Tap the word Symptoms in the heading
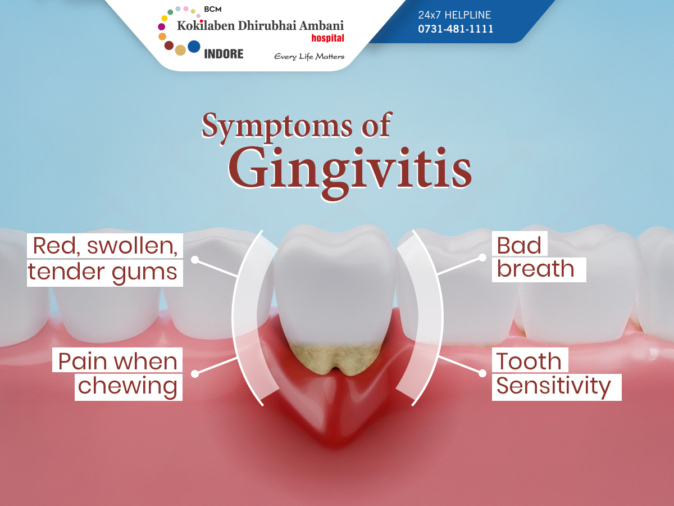coord(277,126)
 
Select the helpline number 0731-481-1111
coord(456,29)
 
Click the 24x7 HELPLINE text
coord(454,15)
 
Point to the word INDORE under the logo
coord(224,54)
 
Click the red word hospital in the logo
coord(327,38)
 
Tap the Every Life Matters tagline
coord(309,57)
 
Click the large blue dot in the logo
coord(194,47)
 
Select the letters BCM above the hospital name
coord(212,9)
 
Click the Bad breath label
coord(535,257)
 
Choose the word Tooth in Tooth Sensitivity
coord(529,362)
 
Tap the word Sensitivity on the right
coord(554,386)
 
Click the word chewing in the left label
coord(127,386)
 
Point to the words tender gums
coord(103,272)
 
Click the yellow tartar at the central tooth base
coord(336,359)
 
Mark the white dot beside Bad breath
coord(482,257)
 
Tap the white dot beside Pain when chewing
coord(195,373)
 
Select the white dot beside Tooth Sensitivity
coord(482,373)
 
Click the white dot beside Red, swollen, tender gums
coord(195,260)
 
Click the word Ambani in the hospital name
coord(321,25)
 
